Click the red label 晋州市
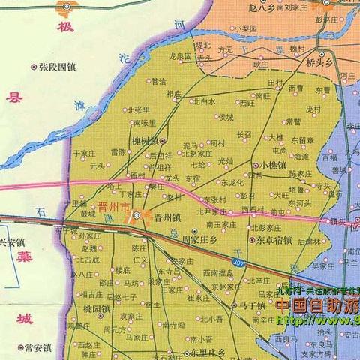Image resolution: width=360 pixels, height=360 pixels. pyautogui.click(x=114, y=206)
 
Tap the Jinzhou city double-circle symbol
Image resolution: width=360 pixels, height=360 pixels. pyautogui.click(x=136, y=217)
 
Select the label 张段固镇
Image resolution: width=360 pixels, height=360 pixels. pyautogui.click(x=58, y=67)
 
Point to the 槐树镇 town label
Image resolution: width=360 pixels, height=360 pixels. pyautogui.click(x=143, y=140)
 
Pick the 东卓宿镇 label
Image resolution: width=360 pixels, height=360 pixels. pyautogui.click(x=274, y=241)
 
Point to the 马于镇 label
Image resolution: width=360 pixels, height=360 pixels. pyautogui.click(x=252, y=306)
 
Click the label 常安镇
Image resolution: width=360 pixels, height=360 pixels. pyautogui.click(x=37, y=347)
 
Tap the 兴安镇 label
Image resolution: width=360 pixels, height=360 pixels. pyautogui.click(x=12, y=242)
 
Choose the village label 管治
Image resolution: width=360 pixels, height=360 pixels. pyautogui.click(x=158, y=81)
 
